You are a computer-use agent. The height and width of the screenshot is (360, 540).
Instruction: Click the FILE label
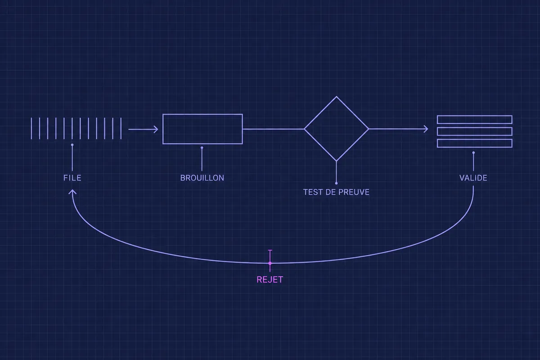[x=72, y=178]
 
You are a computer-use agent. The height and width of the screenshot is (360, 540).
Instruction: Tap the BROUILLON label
[x=202, y=178]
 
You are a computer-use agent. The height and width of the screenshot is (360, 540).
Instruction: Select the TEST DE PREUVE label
[x=336, y=192]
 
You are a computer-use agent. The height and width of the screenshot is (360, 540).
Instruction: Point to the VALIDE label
[x=473, y=178]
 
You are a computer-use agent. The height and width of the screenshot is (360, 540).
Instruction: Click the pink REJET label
[x=270, y=280]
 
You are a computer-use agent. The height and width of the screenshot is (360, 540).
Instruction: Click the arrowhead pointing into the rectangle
[x=156, y=130]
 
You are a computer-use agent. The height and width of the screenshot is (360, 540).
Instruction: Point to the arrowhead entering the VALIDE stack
[x=426, y=129]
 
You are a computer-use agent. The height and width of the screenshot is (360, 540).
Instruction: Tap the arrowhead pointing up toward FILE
[x=72, y=191]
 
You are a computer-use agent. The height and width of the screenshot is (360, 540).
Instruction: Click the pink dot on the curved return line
[x=270, y=263]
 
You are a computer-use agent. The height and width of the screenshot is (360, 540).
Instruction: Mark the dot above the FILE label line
[x=72, y=145]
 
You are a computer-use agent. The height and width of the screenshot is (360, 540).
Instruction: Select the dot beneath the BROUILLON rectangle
[x=202, y=148]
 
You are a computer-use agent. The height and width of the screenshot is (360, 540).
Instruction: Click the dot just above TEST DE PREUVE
[x=336, y=183]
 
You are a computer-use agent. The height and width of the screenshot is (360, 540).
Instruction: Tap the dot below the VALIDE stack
[x=473, y=153]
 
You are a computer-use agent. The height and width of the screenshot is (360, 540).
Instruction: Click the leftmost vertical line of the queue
[x=31, y=129]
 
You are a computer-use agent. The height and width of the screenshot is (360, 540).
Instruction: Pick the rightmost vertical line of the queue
[x=121, y=129]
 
